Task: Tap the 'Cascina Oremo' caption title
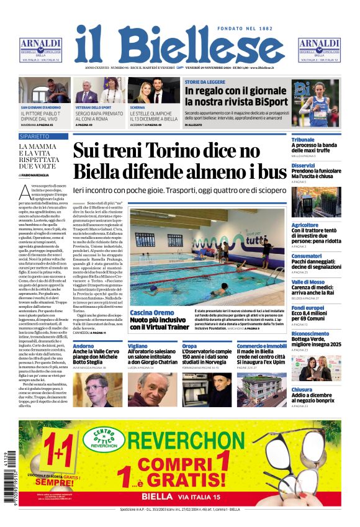point(152,312)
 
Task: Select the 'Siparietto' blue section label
point(34,135)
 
